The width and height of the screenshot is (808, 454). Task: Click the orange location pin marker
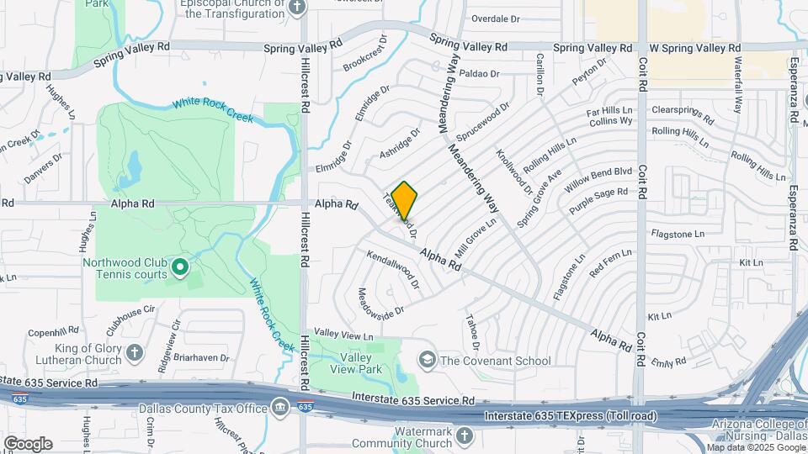[x=405, y=200]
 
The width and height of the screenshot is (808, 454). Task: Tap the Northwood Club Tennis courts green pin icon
[x=178, y=268]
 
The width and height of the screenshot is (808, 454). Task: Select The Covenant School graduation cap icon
[x=428, y=361]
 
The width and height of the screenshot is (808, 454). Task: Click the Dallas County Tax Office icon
[x=279, y=409]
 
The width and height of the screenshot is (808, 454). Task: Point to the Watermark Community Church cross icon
[x=465, y=437]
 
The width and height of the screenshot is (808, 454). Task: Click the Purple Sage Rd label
[x=598, y=198]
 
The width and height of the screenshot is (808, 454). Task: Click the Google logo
[x=28, y=443]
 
